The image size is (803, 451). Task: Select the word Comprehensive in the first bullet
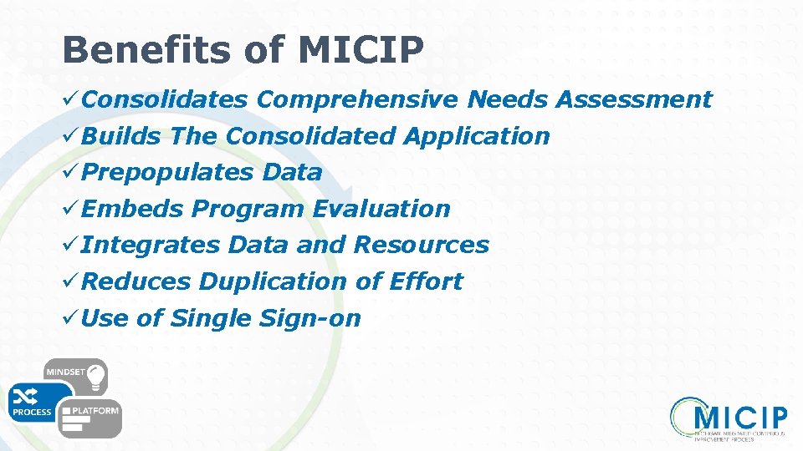(357, 100)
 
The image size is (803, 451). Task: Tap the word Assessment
(634, 100)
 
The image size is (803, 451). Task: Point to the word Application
(476, 136)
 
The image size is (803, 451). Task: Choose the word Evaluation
(381, 209)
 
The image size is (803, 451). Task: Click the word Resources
(421, 245)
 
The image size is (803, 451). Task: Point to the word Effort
(426, 281)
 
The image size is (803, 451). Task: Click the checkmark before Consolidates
(71, 100)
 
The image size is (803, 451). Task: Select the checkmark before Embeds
(71, 209)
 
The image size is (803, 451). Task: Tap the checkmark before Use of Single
(71, 318)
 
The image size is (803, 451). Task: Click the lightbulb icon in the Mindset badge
(94, 373)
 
